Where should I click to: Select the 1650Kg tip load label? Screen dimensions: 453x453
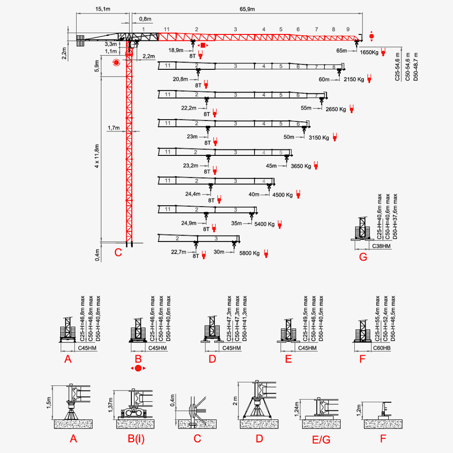pyautogui.click(x=369, y=53)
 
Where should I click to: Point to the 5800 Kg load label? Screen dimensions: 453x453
pyautogui.click(x=250, y=253)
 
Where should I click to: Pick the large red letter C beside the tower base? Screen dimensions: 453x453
pyautogui.click(x=118, y=252)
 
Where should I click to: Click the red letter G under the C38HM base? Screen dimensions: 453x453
pyautogui.click(x=363, y=257)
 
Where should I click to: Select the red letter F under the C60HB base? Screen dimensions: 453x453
pyautogui.click(x=361, y=360)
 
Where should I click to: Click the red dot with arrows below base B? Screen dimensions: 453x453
pyautogui.click(x=138, y=368)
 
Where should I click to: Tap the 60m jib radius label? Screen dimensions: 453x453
pyautogui.click(x=324, y=80)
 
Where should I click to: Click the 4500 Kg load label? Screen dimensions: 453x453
pyautogui.click(x=283, y=195)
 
